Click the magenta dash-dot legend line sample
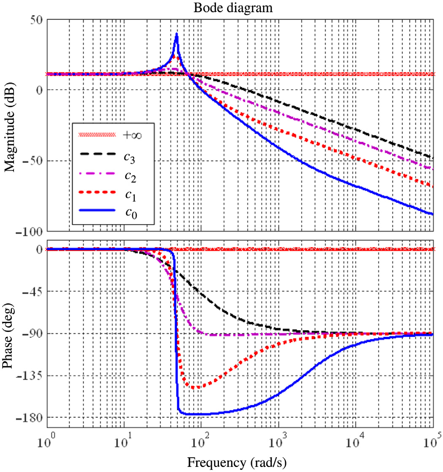coord(97,174)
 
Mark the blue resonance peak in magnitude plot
coord(177,35)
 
